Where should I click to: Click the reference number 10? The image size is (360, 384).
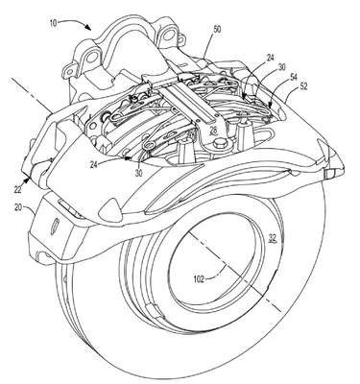click(54, 23)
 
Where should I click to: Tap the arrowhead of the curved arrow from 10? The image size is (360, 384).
click(88, 28)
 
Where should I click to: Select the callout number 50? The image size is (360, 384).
click(217, 30)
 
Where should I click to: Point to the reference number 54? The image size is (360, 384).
click(293, 77)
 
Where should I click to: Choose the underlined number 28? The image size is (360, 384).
click(213, 130)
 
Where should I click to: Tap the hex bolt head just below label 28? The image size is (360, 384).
click(220, 142)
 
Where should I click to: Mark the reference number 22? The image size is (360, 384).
click(18, 189)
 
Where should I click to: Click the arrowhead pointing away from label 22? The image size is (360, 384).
click(29, 176)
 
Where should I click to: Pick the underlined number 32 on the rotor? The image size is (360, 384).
click(273, 238)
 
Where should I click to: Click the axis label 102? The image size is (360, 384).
click(199, 279)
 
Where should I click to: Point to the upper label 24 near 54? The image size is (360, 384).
click(270, 59)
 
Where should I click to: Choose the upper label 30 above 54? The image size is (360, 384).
click(282, 67)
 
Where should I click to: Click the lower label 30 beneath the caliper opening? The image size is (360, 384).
click(138, 173)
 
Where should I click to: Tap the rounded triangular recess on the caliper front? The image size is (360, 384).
click(110, 208)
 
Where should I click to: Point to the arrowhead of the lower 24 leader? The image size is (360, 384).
click(129, 157)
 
